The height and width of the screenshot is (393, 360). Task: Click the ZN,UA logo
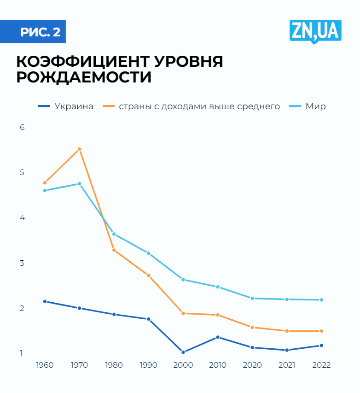pyautogui.click(x=315, y=31)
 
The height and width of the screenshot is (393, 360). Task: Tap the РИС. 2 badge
pyautogui.click(x=40, y=32)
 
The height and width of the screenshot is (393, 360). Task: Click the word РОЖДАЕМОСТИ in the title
pyautogui.click(x=84, y=77)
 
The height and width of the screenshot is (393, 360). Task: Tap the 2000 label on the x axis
pyautogui.click(x=183, y=365)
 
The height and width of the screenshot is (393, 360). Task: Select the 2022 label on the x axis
pyautogui.click(x=321, y=365)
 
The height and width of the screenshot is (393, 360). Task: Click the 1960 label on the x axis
pyautogui.click(x=45, y=365)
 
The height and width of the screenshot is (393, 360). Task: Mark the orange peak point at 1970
pyautogui.click(x=79, y=149)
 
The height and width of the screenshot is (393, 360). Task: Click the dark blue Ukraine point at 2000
pyautogui.click(x=183, y=352)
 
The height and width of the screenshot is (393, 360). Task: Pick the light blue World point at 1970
pyautogui.click(x=79, y=184)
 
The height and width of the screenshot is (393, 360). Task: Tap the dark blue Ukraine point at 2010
pyautogui.click(x=217, y=337)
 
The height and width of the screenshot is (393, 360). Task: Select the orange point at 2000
pyautogui.click(x=183, y=313)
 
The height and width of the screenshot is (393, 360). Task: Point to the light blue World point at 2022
pyautogui.click(x=321, y=300)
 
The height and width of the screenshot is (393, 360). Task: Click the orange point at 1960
pyautogui.click(x=45, y=183)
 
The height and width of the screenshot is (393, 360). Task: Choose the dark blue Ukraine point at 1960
pyautogui.click(x=45, y=301)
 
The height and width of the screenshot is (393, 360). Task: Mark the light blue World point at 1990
pyautogui.click(x=148, y=253)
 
